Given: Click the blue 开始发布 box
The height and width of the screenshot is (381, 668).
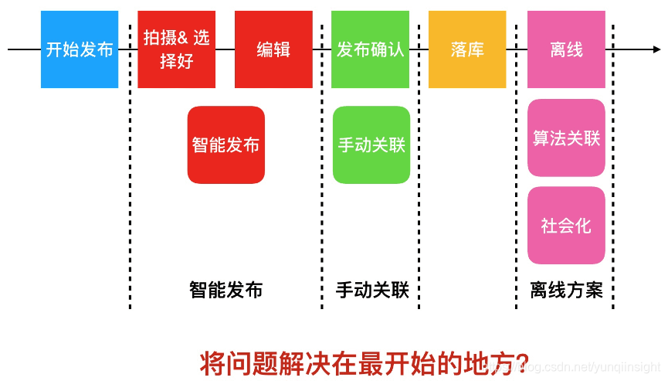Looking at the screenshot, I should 80,49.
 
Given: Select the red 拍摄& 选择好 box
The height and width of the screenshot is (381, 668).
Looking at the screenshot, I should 176,49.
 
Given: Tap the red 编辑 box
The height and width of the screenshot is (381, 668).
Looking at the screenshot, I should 273,49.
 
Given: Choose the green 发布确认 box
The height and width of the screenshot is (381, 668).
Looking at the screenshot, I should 370,49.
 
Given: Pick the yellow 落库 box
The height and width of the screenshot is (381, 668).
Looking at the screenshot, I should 467,49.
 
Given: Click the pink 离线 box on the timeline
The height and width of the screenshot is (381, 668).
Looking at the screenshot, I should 566,49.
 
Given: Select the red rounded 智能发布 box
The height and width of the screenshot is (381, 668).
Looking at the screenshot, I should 225,145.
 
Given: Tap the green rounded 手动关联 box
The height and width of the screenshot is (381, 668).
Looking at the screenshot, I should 371,145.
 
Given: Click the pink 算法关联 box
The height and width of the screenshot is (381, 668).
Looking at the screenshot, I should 566,138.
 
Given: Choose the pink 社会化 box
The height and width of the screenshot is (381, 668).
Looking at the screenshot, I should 566,225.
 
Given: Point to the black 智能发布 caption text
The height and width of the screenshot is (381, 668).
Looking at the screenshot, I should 225,290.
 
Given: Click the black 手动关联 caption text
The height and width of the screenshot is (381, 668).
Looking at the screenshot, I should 371,290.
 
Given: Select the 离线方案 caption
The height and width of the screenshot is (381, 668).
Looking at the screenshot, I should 566,290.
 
